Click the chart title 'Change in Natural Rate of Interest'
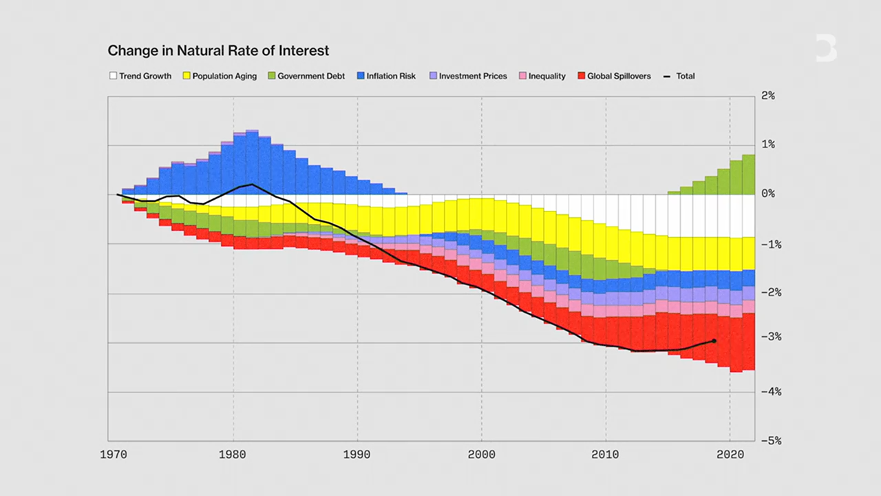tap(218, 51)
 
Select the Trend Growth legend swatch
tap(113, 76)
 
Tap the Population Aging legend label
tap(224, 76)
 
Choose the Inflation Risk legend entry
tap(386, 76)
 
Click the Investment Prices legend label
tap(473, 76)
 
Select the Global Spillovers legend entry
tap(614, 76)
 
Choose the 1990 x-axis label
tap(357, 455)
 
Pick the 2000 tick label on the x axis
tap(481, 455)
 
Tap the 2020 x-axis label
tap(730, 455)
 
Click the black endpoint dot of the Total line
tap(714, 340)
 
